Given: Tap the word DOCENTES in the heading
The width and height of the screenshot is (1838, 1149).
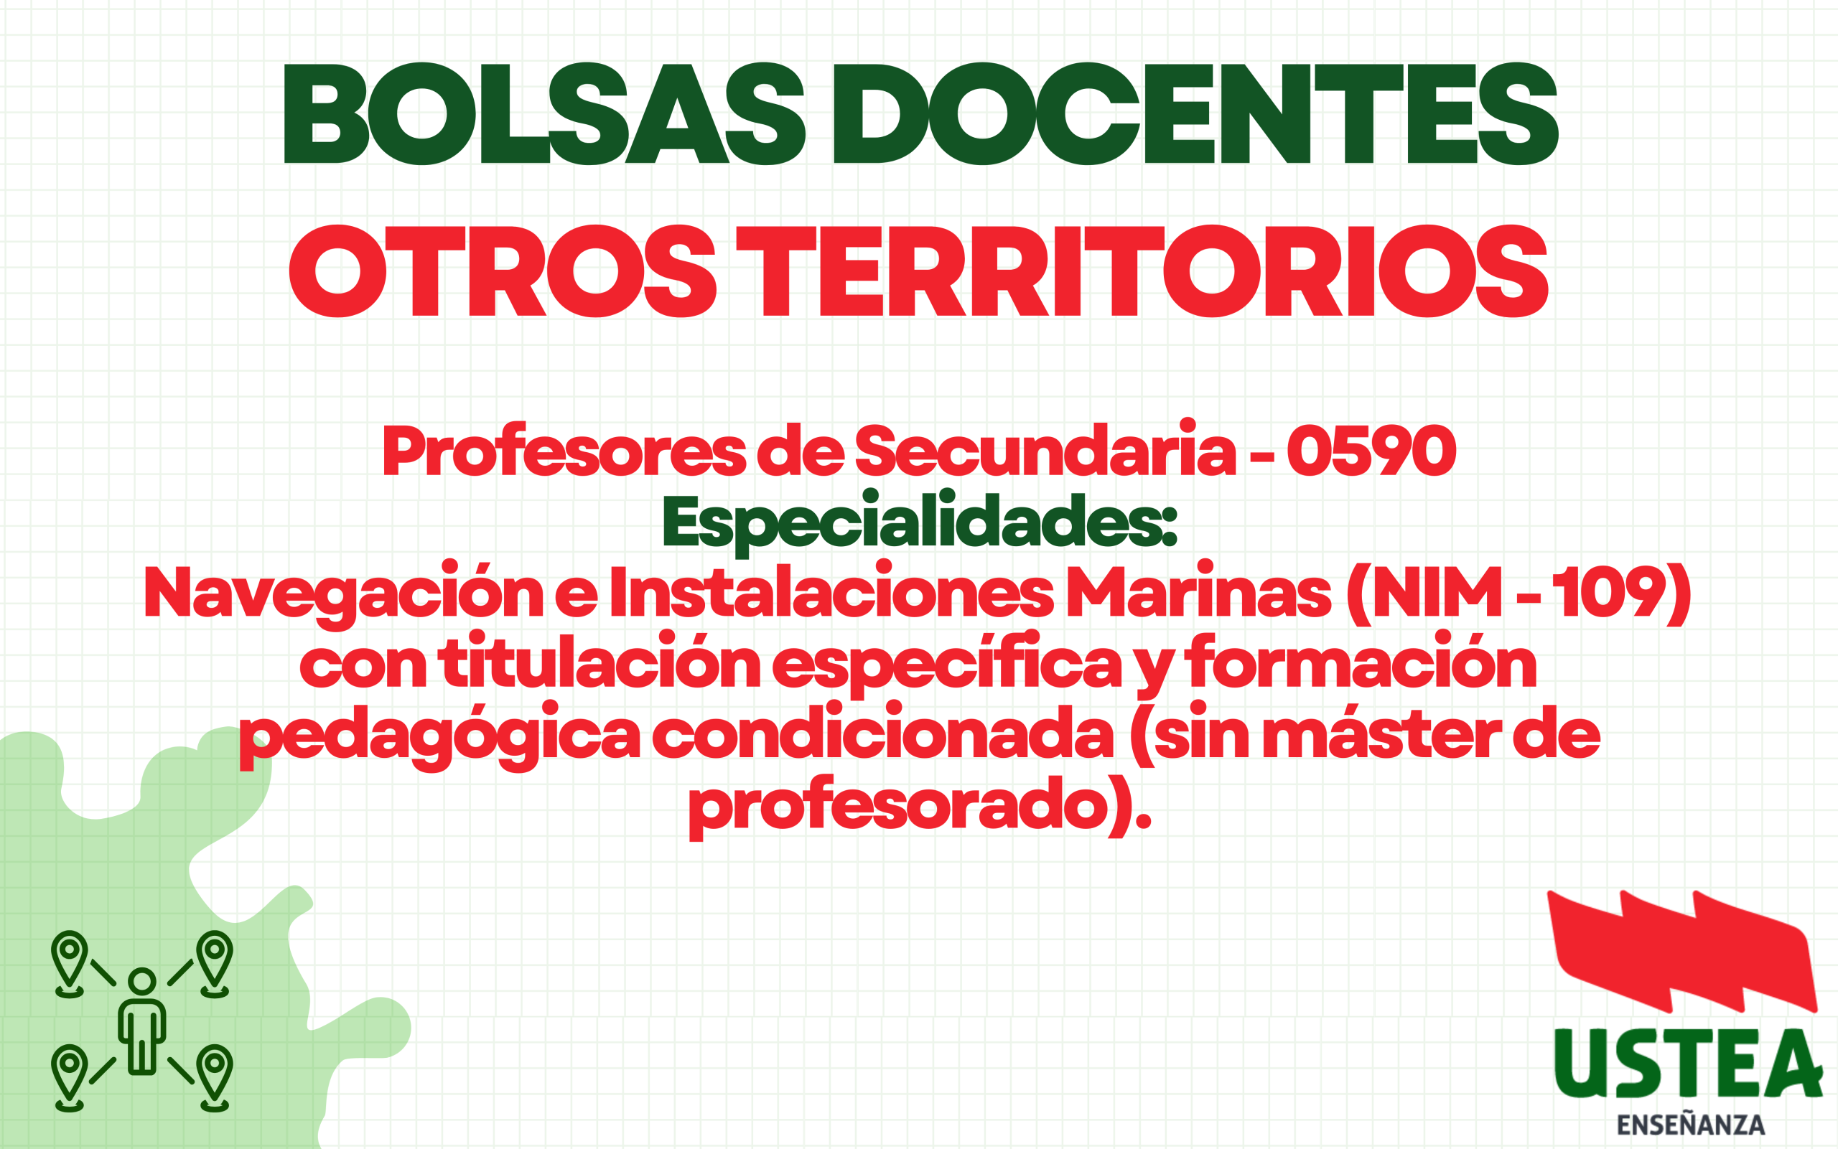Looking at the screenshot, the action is pyautogui.click(x=1195, y=113).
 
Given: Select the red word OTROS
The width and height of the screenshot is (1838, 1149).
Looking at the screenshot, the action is pyautogui.click(x=503, y=271).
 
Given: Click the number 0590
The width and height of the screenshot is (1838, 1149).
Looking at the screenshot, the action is pyautogui.click(x=1371, y=451).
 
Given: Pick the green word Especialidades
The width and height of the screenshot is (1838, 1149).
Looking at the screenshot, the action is pyautogui.click(x=919, y=520).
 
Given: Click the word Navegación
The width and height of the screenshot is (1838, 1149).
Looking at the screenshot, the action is pyautogui.click(x=342, y=593).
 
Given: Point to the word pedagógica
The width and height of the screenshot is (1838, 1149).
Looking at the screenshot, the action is pyautogui.click(x=440, y=735).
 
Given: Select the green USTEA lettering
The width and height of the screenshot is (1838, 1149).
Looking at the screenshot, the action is pyautogui.click(x=1687, y=1064).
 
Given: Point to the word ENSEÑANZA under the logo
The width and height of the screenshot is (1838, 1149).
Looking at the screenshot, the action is pyautogui.click(x=1691, y=1125).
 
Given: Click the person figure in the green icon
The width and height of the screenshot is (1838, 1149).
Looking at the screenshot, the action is pyautogui.click(x=142, y=1021).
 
